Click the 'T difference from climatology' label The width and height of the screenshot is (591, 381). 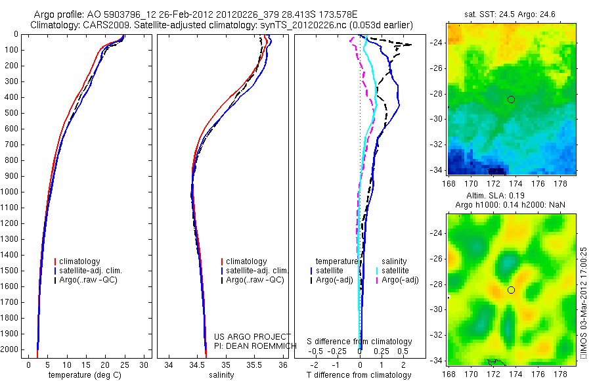pos(359,375)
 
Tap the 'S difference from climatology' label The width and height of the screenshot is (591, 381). pos(359,342)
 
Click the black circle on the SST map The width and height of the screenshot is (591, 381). pos(511,99)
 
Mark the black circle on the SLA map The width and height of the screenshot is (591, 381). pos(511,290)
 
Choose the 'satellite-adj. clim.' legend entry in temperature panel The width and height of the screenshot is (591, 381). pos(95,271)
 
